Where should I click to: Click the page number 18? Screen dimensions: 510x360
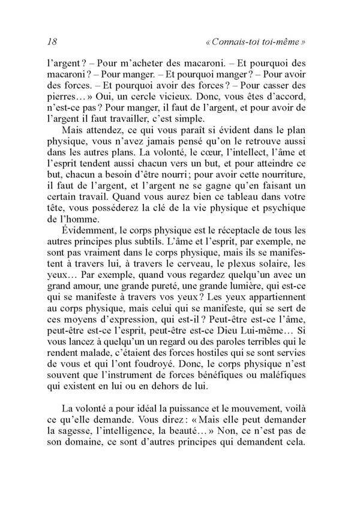click(51, 42)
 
